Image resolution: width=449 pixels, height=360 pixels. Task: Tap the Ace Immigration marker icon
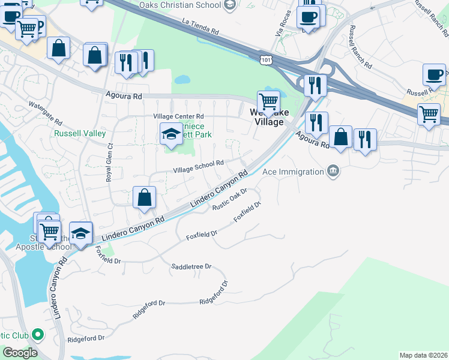coord(333,172)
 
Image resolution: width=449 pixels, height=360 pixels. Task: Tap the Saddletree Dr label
coord(191,266)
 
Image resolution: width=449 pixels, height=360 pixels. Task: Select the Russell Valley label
coord(80,133)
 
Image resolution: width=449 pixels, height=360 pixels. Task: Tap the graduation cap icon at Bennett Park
coord(171,133)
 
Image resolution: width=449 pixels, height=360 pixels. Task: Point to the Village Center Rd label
coord(178,116)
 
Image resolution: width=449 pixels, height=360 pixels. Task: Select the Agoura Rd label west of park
coord(123,95)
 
